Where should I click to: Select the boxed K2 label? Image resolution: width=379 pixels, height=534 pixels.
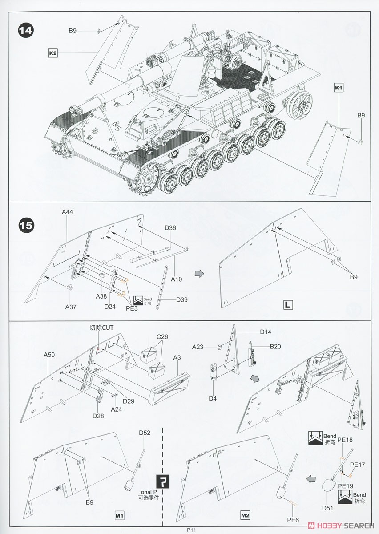[53, 53]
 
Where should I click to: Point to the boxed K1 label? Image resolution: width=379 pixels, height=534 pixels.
[339, 88]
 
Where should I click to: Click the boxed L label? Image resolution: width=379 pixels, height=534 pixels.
[289, 305]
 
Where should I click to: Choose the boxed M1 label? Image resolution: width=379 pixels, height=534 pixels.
[119, 515]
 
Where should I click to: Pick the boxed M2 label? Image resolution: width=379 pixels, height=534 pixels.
[245, 515]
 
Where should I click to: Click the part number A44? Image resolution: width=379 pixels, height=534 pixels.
[67, 212]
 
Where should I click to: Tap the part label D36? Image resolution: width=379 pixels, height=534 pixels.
[170, 228]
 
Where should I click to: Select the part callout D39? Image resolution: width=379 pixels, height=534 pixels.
[181, 299]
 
